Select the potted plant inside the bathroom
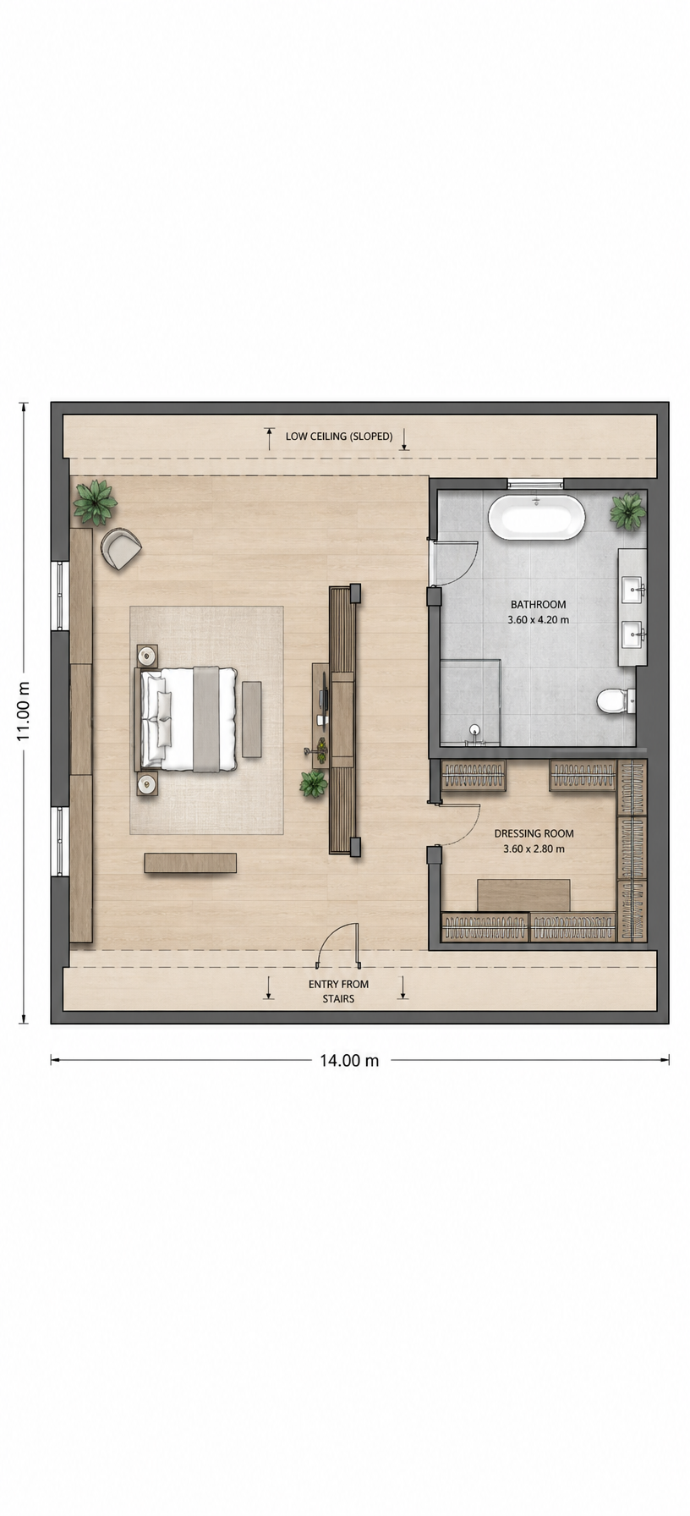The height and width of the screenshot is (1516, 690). click(627, 511)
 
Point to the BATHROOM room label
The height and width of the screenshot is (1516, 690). click(538, 604)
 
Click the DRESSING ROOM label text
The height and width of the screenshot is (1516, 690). click(534, 833)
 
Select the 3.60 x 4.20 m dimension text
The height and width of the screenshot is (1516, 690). click(538, 619)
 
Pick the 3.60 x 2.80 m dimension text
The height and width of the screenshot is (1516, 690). click(534, 849)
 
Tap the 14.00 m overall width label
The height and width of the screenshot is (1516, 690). click(349, 1060)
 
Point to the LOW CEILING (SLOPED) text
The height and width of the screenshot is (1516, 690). click(339, 437)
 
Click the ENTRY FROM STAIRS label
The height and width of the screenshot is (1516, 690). click(338, 991)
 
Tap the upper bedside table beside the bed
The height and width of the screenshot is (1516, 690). click(147, 656)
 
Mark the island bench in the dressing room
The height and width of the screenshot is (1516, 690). click(523, 895)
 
